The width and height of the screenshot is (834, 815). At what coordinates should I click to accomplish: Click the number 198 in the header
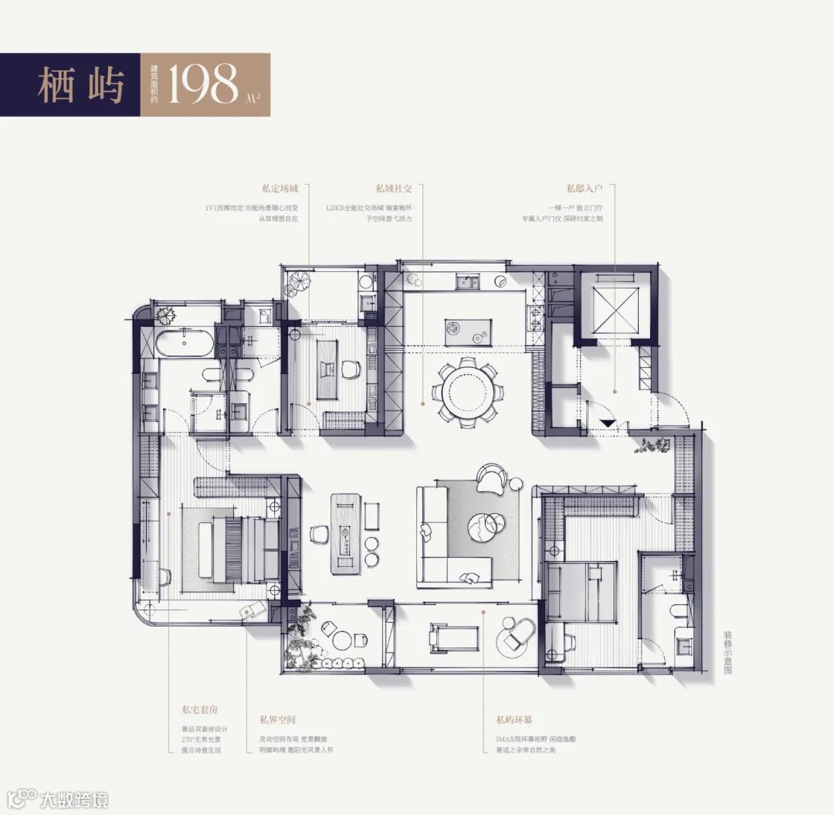(204, 85)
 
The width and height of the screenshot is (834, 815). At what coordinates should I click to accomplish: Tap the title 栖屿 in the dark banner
(80, 85)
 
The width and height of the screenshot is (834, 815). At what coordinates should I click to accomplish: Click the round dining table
(468, 391)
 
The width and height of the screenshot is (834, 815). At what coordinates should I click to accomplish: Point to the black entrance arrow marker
(608, 423)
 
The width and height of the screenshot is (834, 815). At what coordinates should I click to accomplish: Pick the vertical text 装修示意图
(727, 651)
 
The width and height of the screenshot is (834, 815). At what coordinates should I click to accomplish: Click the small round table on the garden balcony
(341, 640)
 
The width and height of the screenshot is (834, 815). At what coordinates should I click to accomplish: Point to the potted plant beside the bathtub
(164, 314)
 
